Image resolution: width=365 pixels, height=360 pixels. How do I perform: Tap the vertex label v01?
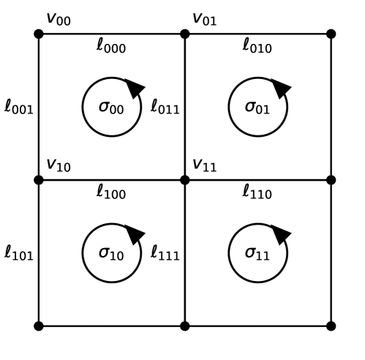pyautogui.click(x=204, y=18)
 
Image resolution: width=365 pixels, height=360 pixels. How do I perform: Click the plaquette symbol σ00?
pyautogui.click(x=110, y=108)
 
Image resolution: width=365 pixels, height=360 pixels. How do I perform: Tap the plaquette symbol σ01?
pyautogui.click(x=257, y=108)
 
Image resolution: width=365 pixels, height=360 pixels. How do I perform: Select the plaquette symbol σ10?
pyautogui.click(x=110, y=254)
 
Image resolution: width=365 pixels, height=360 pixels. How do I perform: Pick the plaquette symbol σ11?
pyautogui.click(x=257, y=254)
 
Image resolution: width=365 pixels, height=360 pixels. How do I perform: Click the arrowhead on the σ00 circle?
pyautogui.click(x=135, y=88)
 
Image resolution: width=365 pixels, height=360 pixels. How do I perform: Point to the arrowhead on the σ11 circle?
pyautogui.click(x=282, y=234)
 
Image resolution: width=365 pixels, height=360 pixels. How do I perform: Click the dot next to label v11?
pyautogui.click(x=184, y=179)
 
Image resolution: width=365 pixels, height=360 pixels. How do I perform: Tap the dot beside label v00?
pyautogui.click(x=38, y=33)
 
